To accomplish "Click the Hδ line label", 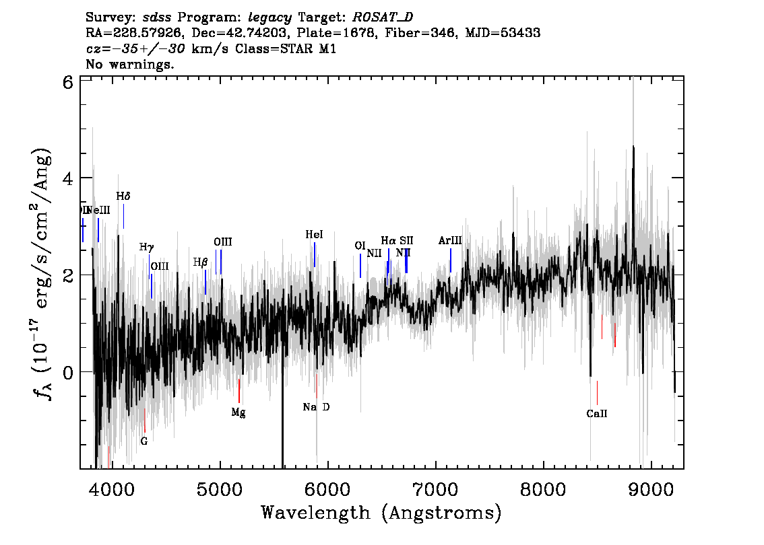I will click(x=123, y=196).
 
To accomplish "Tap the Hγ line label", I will click(x=147, y=248).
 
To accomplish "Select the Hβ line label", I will click(x=200, y=262).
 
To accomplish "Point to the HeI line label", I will click(x=314, y=235).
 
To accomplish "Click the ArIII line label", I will click(x=450, y=240).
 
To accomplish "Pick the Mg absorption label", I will click(x=238, y=412).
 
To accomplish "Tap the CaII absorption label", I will click(x=597, y=414).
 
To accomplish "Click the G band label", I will click(x=144, y=441).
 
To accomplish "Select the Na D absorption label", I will click(x=316, y=407).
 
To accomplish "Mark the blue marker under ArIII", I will click(x=451, y=260).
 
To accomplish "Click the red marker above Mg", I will click(x=239, y=391).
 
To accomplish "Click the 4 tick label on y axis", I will click(x=68, y=178).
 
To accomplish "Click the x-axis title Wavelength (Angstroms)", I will click(x=381, y=513).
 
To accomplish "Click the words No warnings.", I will click(x=131, y=65).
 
